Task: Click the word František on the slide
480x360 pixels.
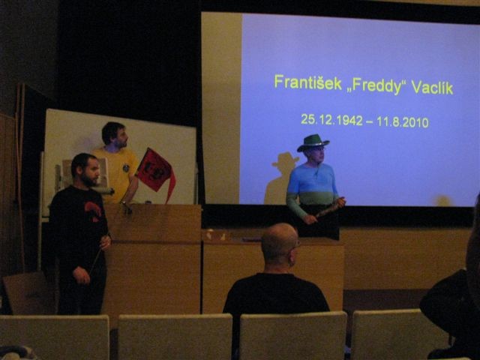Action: (x=307, y=82)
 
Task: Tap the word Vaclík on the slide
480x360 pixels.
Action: (x=432, y=88)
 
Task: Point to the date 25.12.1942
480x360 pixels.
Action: (x=331, y=120)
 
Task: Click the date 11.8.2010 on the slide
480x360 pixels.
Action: (x=403, y=121)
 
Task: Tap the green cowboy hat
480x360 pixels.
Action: (x=313, y=142)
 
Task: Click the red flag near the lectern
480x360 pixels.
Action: (x=155, y=172)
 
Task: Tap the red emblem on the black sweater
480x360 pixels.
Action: (x=93, y=210)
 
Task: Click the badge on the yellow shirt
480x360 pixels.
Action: (x=126, y=168)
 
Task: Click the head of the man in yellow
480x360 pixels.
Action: (x=114, y=134)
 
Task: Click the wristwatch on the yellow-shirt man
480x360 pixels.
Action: (x=123, y=202)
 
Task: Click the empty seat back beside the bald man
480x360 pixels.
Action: (x=175, y=337)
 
